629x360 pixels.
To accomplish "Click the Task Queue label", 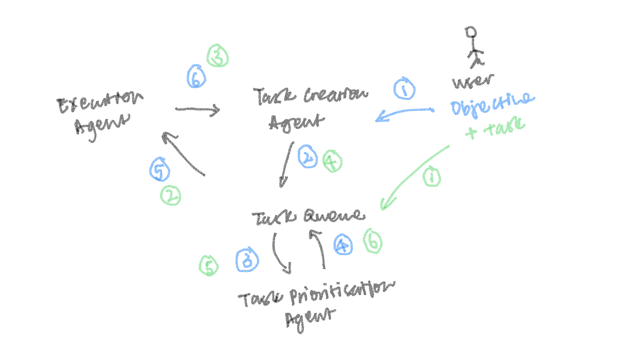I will [307, 216].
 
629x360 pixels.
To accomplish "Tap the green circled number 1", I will [431, 178].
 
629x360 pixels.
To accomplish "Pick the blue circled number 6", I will [196, 79].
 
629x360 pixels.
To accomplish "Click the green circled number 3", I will [216, 56].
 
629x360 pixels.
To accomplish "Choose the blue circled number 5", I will [159, 170].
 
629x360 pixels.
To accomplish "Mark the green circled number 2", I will [170, 196].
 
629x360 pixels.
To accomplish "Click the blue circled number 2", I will [308, 157].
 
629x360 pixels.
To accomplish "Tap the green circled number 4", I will [331, 162].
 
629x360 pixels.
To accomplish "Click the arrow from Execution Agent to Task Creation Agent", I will [198, 110].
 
